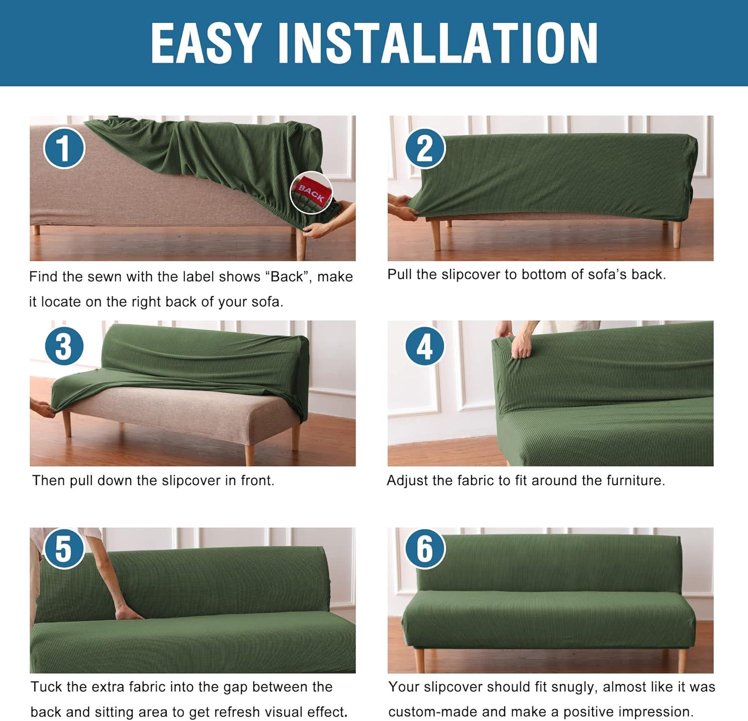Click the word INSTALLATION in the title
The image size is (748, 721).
click(x=437, y=43)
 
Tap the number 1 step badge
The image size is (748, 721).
click(x=64, y=148)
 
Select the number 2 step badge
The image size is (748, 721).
click(x=424, y=148)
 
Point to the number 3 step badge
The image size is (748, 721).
click(x=64, y=346)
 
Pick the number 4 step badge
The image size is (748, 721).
click(x=424, y=346)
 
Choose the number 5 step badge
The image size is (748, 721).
click(x=64, y=548)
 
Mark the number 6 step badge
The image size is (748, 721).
click(x=424, y=548)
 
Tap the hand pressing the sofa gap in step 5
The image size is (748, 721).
click(x=128, y=612)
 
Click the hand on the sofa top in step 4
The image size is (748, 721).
click(x=521, y=345)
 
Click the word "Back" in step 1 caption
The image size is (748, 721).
click(x=287, y=277)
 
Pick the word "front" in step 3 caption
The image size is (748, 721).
click(x=257, y=480)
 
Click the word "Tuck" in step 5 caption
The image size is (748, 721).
click(x=46, y=687)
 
